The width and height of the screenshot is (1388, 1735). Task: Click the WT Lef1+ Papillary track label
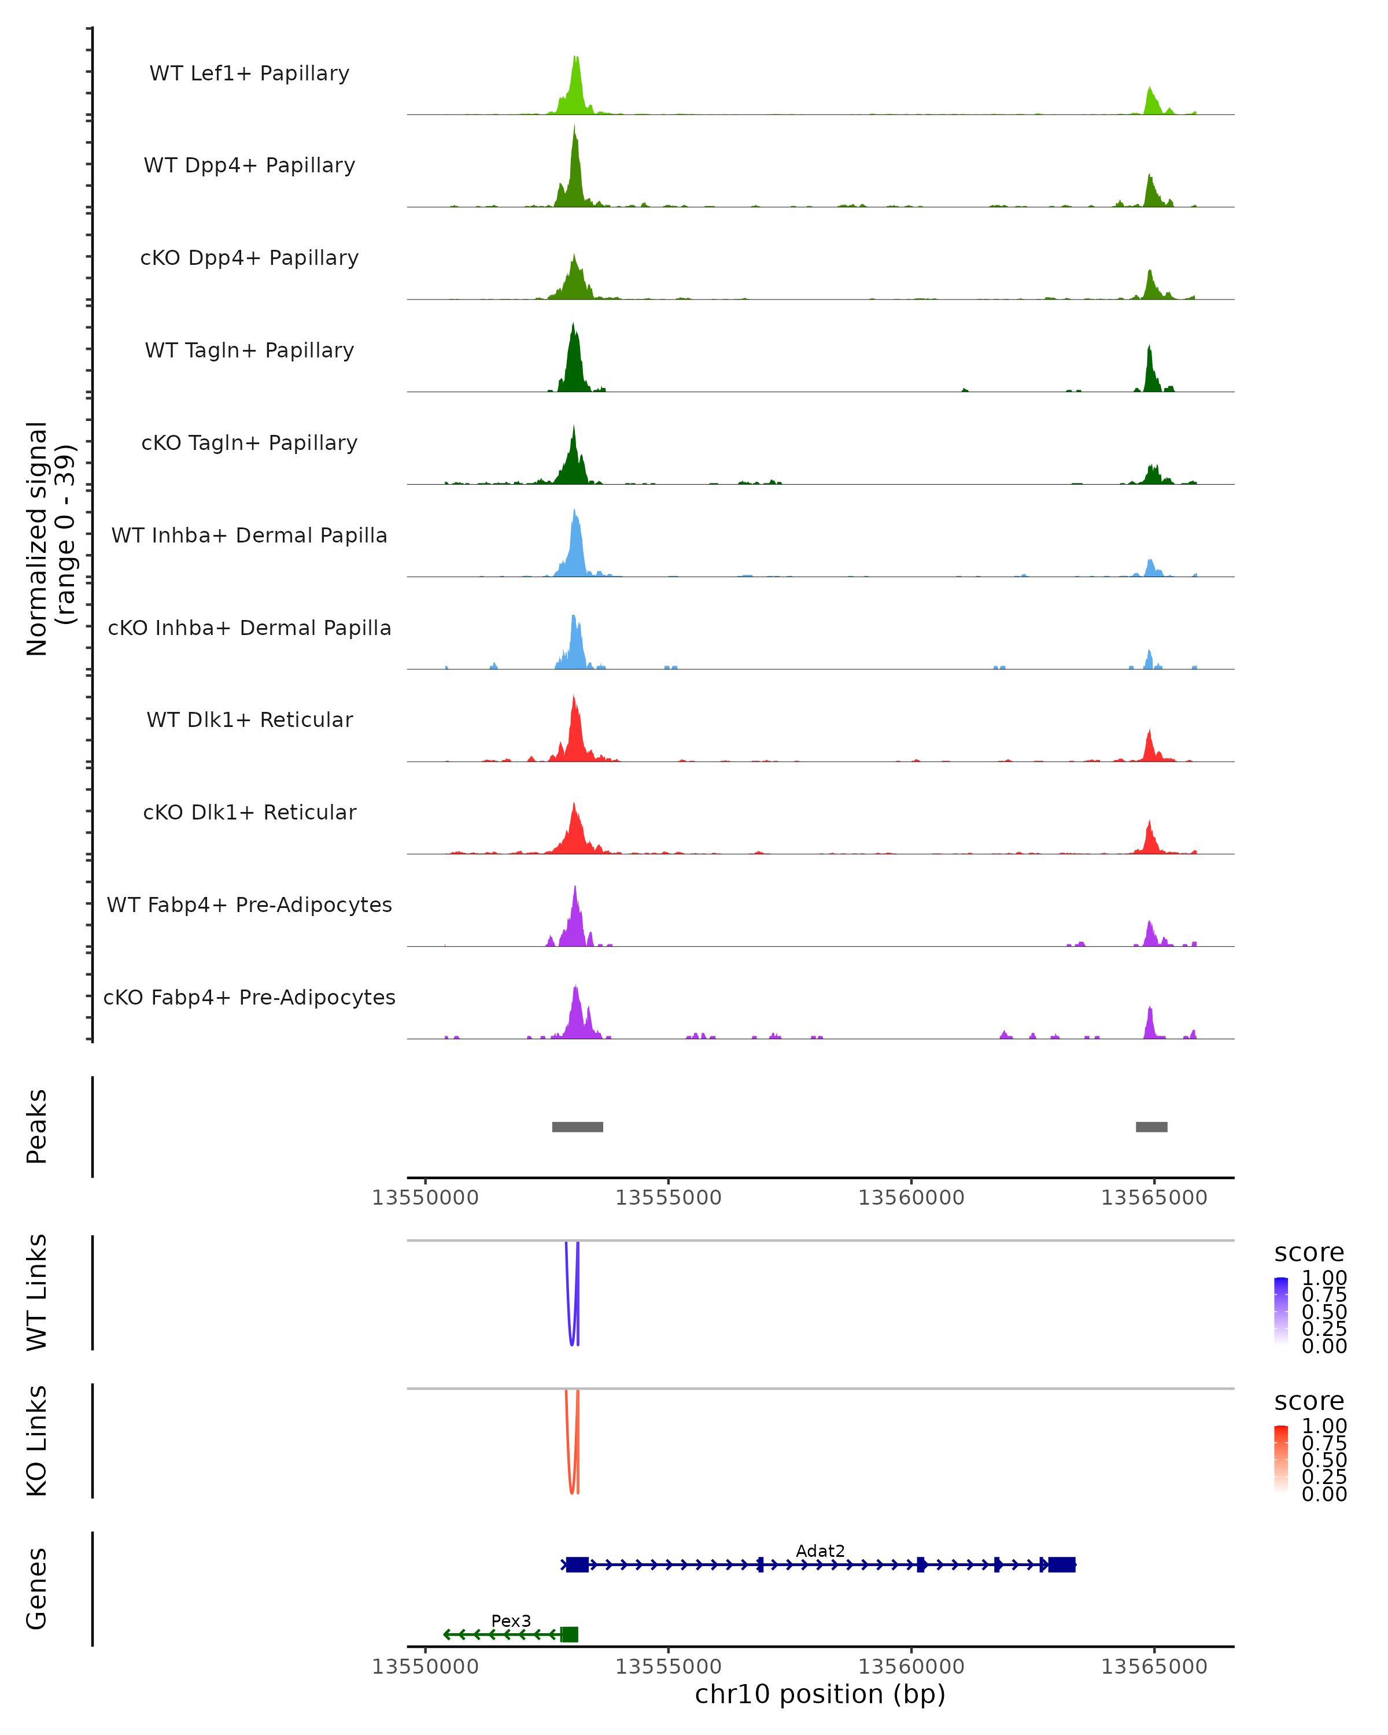point(249,73)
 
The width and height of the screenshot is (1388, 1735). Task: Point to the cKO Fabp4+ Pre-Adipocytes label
point(249,997)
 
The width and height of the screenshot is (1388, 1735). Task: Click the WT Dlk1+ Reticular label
point(249,719)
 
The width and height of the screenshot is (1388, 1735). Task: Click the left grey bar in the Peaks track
point(577,1127)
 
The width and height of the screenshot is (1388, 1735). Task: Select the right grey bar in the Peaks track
point(1151,1127)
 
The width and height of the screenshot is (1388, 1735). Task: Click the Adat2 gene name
point(820,1551)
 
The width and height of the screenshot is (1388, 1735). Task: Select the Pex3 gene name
point(511,1620)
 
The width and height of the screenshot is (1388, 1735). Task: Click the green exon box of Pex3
point(569,1634)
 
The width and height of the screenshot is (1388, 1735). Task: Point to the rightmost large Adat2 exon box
point(1061,1564)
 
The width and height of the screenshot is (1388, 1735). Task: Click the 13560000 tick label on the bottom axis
point(911,1667)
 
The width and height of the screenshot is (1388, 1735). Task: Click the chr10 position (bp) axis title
point(820,1695)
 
